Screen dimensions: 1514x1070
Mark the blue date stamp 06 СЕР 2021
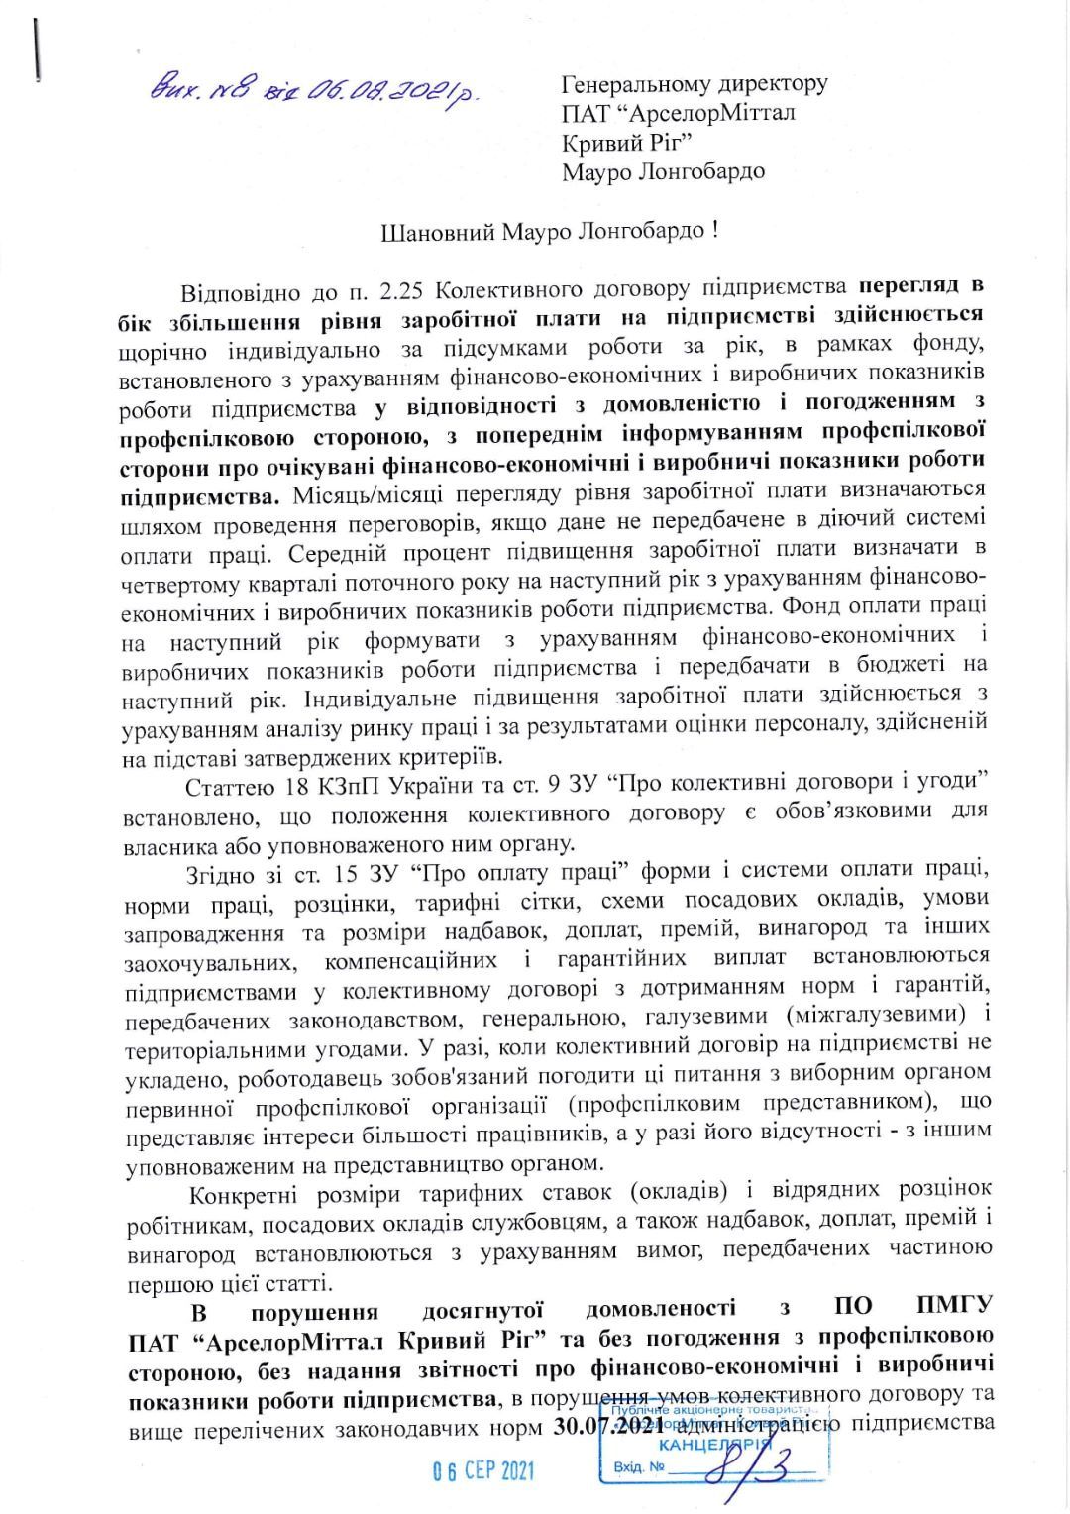click(483, 1469)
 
